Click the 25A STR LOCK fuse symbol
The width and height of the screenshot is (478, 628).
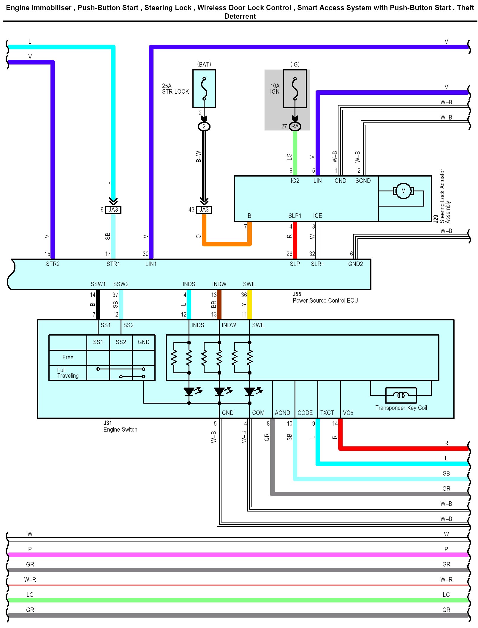204,89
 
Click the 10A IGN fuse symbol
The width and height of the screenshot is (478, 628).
295,89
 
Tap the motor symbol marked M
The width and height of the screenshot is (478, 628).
403,191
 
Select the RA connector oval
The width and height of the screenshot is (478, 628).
295,126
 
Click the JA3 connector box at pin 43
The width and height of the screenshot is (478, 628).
204,210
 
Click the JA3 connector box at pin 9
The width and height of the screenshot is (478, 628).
113,210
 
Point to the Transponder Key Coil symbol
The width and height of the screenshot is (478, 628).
401,395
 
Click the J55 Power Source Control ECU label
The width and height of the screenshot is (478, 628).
325,298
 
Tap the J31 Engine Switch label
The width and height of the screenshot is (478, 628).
120,426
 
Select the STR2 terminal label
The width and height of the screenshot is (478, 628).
53,264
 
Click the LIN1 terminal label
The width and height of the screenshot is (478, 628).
151,264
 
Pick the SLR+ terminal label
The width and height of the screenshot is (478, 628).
317,264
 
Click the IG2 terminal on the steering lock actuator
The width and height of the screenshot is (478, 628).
295,181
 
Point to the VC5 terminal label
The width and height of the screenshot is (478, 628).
348,413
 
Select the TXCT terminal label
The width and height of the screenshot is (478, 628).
327,413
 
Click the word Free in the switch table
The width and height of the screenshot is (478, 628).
68,357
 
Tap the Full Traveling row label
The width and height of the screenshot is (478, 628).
68,373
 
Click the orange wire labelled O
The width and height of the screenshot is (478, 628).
227,244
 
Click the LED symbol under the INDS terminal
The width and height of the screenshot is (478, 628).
189,391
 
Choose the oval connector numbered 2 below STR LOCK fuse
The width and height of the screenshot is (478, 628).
204,127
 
